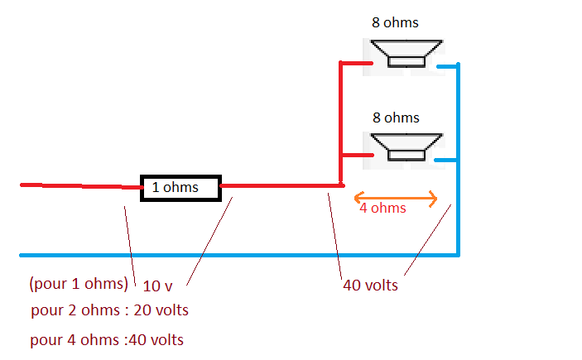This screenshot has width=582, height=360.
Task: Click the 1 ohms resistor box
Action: (180, 188)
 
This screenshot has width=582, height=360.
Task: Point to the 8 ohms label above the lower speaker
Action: (396, 118)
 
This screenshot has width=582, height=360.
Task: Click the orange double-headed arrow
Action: (396, 197)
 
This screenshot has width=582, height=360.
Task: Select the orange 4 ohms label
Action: (382, 209)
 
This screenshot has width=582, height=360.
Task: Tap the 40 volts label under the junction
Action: (370, 286)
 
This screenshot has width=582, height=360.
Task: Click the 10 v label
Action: (157, 286)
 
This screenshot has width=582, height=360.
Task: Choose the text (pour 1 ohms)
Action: (79, 283)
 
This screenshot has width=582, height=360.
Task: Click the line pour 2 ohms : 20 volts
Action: (109, 310)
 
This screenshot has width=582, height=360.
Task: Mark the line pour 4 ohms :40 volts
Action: (107, 339)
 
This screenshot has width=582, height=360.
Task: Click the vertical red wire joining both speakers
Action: (341, 124)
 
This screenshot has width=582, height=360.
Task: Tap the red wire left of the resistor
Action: (79, 186)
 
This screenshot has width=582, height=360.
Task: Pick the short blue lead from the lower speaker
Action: (445, 160)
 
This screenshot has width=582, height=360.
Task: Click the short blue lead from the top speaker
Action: (447, 66)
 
